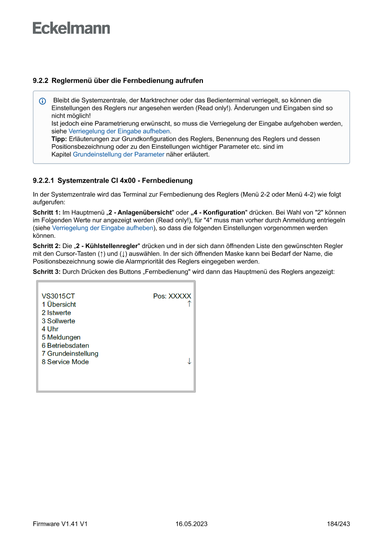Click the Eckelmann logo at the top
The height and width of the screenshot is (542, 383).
tap(71, 28)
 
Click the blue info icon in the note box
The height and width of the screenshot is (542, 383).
tap(43, 101)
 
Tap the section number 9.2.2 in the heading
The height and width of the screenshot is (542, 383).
tap(41, 81)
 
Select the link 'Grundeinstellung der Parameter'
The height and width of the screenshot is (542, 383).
tap(119, 154)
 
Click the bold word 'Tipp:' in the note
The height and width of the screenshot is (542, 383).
tap(59, 139)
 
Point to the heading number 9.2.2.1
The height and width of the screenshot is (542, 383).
tap(44, 180)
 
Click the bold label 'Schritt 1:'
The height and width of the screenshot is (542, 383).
tap(47, 212)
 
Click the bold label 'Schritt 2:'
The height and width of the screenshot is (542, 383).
tap(47, 246)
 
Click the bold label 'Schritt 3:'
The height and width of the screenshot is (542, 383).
tap(47, 272)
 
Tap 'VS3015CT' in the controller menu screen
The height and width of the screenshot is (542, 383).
tap(58, 296)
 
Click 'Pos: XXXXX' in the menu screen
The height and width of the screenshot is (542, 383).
tap(172, 296)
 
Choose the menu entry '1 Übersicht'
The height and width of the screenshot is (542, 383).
tap(59, 305)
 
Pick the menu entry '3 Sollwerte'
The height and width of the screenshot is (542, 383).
tap(58, 321)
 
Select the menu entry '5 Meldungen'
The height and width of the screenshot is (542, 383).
tap(61, 338)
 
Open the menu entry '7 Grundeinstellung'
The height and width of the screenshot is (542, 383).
tap(70, 354)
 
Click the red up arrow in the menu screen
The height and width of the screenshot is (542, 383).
tap(189, 304)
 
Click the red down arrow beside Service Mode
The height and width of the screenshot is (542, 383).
tap(189, 361)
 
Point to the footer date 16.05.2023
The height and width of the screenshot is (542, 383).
tap(191, 524)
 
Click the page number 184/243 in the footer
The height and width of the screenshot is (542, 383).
tap(338, 524)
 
